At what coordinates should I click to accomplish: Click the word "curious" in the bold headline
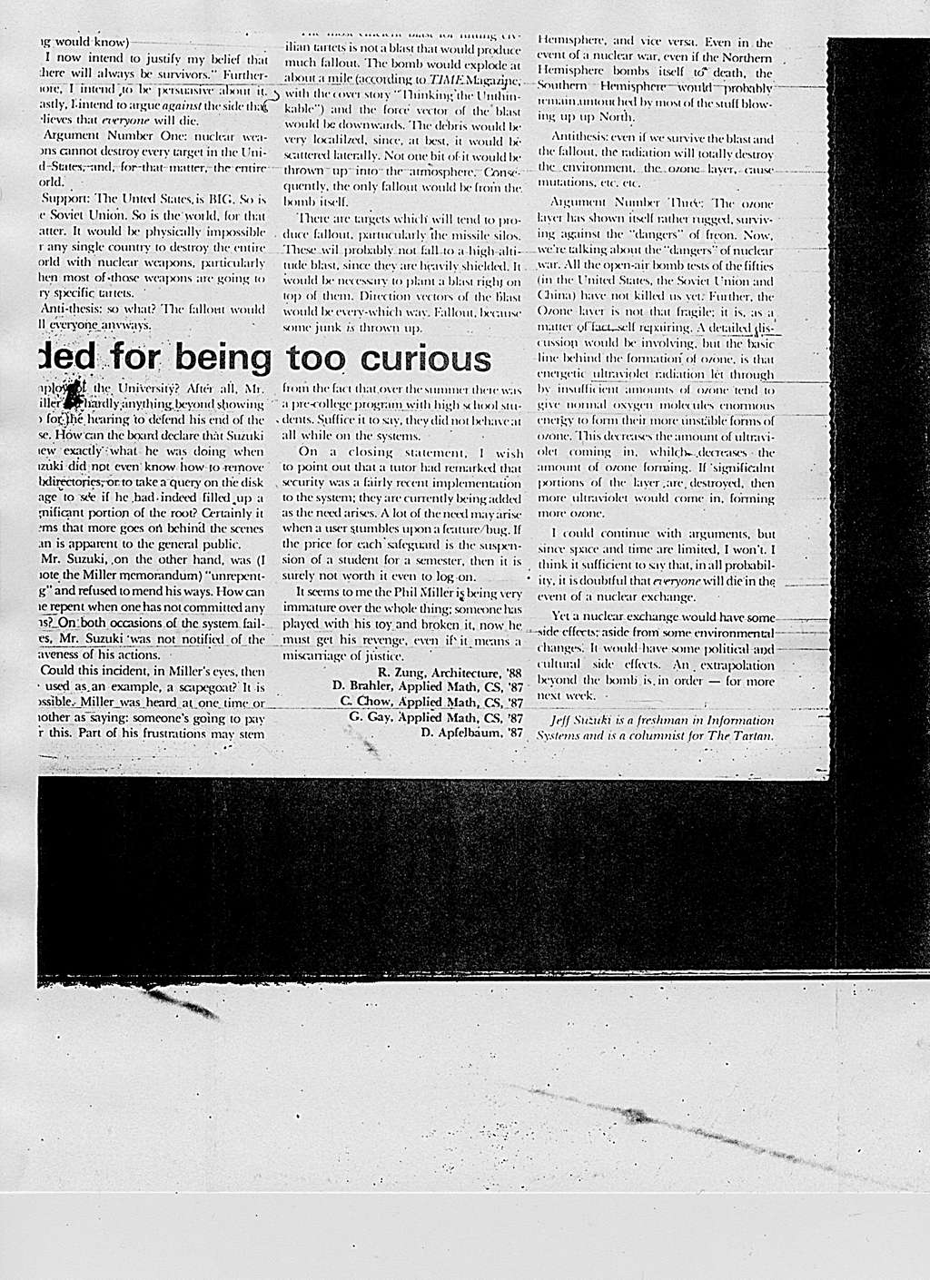426,359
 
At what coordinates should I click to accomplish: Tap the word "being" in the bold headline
223,359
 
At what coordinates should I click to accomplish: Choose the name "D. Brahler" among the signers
362,687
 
